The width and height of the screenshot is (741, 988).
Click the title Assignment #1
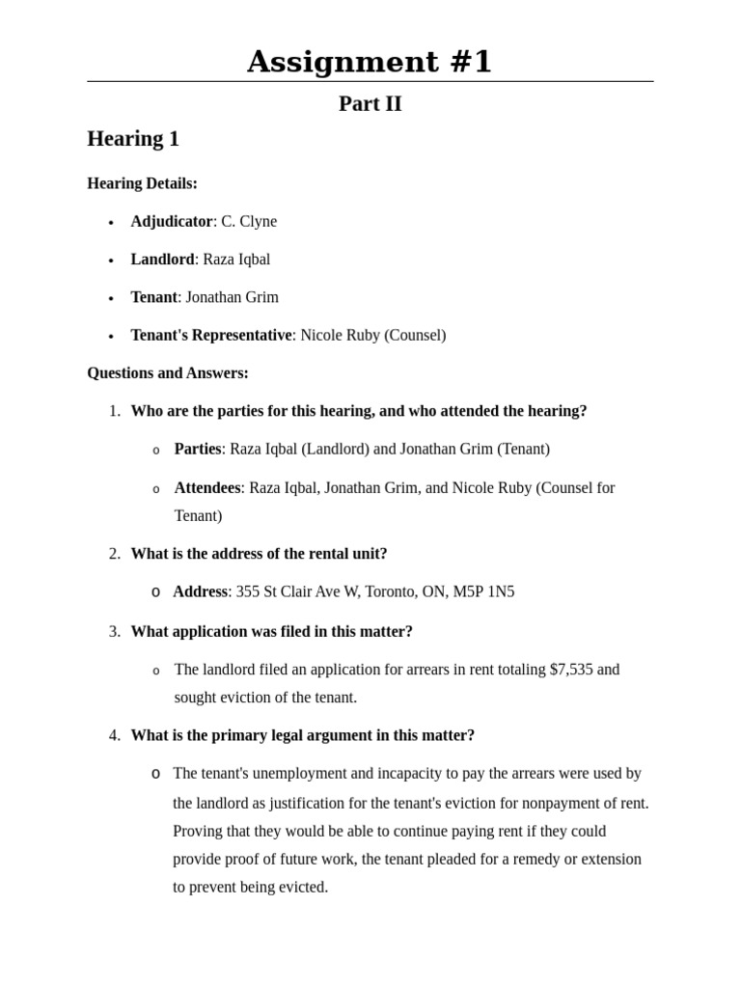(370, 62)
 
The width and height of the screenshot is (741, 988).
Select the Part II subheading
(370, 104)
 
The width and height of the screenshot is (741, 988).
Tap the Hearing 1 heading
(133, 139)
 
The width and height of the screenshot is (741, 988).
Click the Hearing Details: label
(142, 183)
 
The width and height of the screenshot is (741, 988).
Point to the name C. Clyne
(249, 221)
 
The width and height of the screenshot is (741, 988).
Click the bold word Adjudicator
(171, 221)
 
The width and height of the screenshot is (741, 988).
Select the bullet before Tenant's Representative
(111, 337)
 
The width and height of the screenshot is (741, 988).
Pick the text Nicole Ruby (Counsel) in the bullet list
(372, 335)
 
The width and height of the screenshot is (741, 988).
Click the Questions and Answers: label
(168, 372)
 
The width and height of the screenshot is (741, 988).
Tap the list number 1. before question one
(115, 411)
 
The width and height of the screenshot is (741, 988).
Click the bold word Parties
(197, 449)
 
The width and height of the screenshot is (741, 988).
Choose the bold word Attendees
(206, 487)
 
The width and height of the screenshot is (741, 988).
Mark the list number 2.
(115, 554)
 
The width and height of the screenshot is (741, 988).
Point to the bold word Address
(200, 591)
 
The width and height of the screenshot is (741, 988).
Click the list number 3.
(115, 631)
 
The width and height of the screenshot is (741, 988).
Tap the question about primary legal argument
(302, 735)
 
